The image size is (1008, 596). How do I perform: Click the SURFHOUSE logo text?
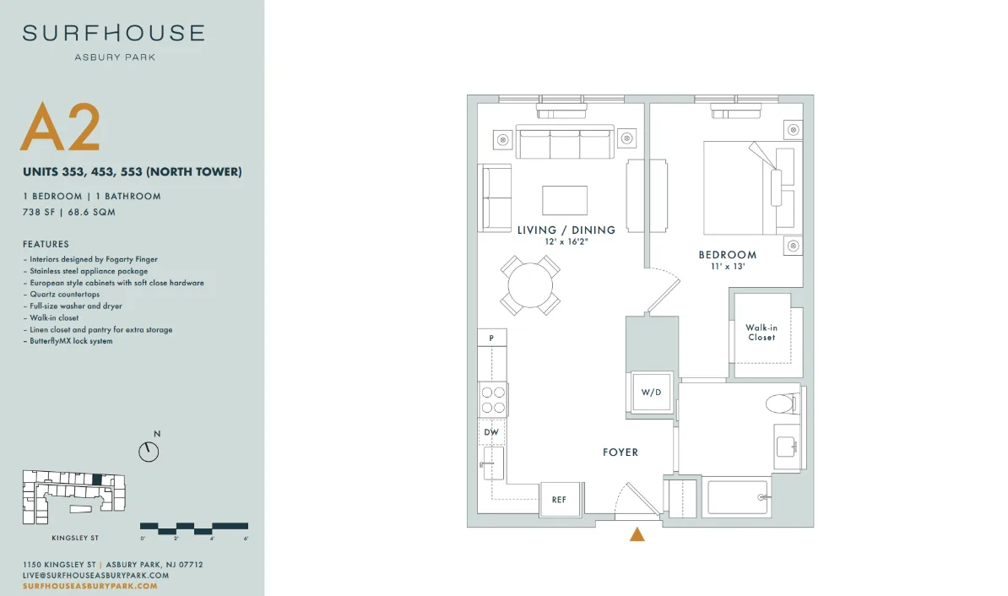point(114,33)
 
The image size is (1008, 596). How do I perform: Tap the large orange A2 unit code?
point(61,127)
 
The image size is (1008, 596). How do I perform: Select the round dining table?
point(530,285)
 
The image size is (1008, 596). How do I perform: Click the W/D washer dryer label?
point(651,393)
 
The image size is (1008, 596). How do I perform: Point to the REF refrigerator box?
point(559,499)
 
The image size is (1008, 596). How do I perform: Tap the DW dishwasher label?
point(491,432)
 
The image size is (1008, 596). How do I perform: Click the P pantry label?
point(492,338)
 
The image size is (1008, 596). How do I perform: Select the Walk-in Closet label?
point(761,333)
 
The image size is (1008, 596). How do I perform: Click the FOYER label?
point(621,452)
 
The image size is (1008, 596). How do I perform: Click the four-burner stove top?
point(493,399)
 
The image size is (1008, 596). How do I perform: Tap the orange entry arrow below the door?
point(637,534)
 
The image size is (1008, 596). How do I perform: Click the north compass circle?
point(149,452)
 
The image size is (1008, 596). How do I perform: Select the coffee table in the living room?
point(565,200)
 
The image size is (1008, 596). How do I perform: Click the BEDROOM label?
point(728,255)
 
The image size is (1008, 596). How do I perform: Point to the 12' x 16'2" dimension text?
point(566,241)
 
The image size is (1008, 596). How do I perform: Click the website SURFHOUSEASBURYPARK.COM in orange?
point(90,586)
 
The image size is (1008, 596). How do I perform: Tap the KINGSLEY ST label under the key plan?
point(75,538)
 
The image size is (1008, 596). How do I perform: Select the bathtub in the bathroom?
point(738,497)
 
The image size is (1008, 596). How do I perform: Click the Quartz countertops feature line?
point(64,295)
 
